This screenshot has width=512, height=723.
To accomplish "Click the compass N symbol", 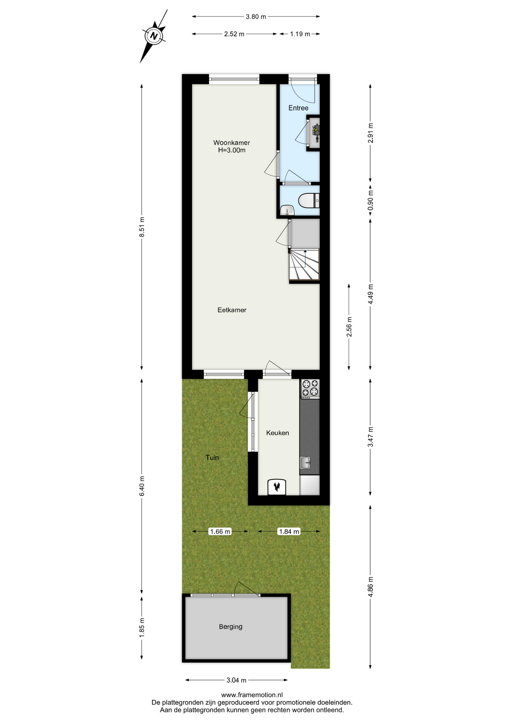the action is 153,36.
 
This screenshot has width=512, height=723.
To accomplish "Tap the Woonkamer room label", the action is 231,143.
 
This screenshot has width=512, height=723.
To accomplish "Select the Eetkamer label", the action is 232,310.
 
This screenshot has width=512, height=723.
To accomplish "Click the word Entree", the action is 298,108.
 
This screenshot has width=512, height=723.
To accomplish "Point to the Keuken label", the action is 277,433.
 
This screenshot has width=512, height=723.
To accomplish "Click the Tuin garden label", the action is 212,458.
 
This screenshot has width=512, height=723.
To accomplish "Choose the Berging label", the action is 231,627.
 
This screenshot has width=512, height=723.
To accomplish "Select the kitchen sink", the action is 305,463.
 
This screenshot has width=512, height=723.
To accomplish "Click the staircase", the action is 304,265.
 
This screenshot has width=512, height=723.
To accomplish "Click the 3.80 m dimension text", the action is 256,17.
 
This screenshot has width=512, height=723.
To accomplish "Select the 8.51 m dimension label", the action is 142,227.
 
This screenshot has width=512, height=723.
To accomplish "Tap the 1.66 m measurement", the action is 220,531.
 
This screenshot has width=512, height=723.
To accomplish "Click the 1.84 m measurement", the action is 289,531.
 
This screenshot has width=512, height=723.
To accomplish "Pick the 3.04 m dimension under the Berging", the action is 236,680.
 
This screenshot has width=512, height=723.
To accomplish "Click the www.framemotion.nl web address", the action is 252,695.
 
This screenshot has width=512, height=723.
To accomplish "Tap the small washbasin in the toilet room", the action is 287,210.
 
